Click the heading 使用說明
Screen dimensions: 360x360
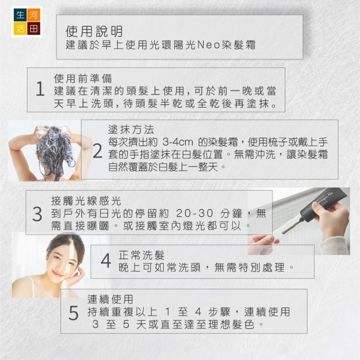94,31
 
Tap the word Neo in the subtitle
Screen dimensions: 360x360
208,45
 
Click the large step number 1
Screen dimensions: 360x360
40,89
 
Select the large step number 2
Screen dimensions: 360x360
97,151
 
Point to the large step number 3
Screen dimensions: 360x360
37,214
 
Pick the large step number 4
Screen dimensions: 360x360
106,261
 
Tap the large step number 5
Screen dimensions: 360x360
73,313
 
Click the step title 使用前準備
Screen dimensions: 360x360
83,78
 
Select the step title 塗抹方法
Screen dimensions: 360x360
131,130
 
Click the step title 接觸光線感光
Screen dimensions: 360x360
86,201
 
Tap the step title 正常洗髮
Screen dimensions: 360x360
142,255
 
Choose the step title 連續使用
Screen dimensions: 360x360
110,299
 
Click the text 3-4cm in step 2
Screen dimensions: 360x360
178,142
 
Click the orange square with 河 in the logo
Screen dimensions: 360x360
33,15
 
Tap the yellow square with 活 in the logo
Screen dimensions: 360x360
20,28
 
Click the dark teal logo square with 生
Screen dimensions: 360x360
20,15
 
